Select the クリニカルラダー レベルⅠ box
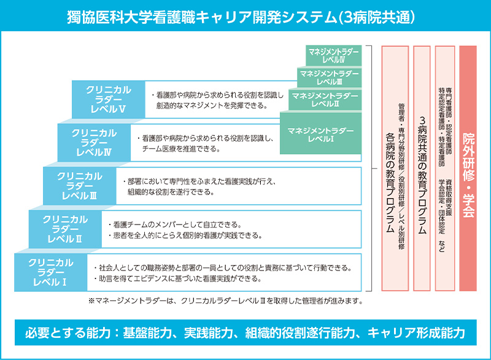(50, 272)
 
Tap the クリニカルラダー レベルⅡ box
(64, 228)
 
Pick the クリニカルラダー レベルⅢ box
(80, 185)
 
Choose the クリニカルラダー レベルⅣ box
(94, 142)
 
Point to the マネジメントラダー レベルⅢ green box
(330, 77)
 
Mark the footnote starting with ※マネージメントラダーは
(226, 301)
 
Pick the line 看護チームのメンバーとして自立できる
(173, 224)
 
